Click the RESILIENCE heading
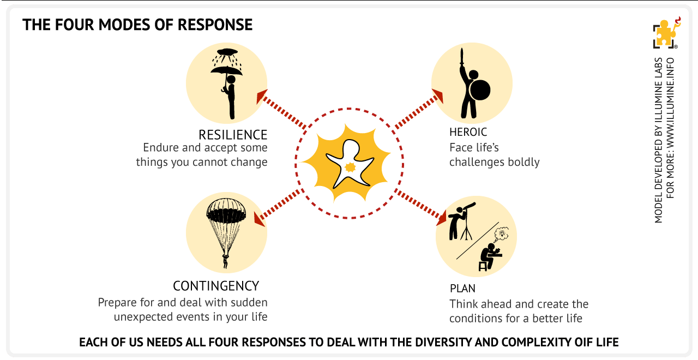point(233,135)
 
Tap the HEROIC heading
point(468,132)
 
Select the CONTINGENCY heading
point(216,286)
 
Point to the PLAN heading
point(462,288)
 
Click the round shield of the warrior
point(479,90)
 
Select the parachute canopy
point(226,211)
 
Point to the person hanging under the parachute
point(225,261)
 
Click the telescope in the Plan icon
point(468,212)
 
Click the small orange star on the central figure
point(350,166)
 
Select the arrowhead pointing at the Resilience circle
point(262,96)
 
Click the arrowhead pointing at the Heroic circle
point(437,96)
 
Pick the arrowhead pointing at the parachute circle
point(261,220)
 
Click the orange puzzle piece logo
point(664,33)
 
